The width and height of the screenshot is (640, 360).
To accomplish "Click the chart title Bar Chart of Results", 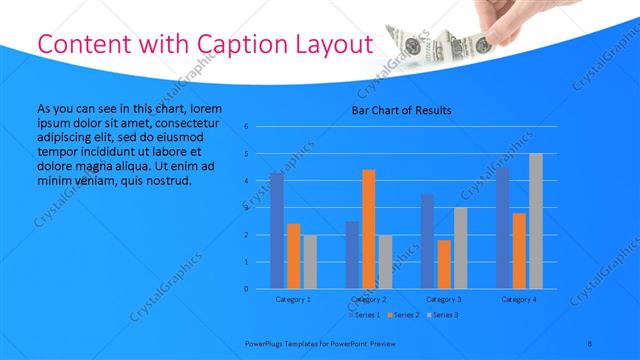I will point(401,110).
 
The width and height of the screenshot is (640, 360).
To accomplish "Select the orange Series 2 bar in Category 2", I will point(369,229).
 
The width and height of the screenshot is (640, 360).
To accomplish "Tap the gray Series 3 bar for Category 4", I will point(536,221).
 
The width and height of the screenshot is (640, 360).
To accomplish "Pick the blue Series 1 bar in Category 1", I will point(277,230).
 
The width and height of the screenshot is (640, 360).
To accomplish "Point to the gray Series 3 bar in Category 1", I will point(310,262).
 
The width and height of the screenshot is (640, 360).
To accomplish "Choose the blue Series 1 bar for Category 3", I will point(427,241).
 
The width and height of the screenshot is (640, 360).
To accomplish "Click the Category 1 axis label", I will point(293,299).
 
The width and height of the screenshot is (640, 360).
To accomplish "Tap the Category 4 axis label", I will point(519,299).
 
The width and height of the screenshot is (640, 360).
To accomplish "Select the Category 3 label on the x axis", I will point(444,299).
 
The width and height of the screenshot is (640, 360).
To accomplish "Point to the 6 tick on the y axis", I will point(246,127).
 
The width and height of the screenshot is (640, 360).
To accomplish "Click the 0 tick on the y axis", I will point(246,289).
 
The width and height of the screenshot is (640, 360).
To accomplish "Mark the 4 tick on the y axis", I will point(246,181).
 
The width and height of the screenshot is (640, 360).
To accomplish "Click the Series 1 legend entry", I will point(365,315).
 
